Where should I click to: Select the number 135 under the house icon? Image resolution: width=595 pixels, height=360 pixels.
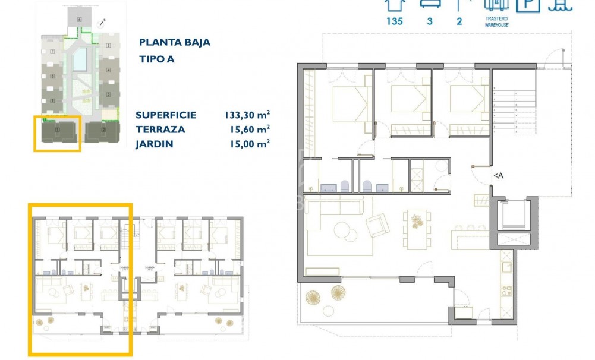tap(394, 21)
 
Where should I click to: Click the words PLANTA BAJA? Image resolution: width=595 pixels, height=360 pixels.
tap(174, 42)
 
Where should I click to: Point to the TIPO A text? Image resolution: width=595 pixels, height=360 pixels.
tap(157, 59)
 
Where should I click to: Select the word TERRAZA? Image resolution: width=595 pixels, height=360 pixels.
tap(160, 129)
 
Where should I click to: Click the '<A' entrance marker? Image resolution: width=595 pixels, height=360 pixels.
tap(498, 175)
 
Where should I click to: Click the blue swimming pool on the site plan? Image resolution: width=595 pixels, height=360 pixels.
tap(79, 59)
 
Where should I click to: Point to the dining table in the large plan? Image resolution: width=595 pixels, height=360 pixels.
tap(414, 228)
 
